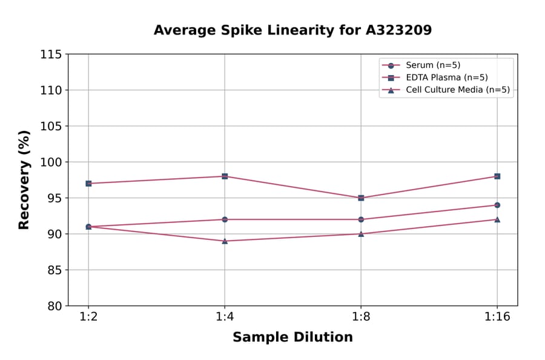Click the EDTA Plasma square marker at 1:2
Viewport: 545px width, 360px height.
(x=88, y=184)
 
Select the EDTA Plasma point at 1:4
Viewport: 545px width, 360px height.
(x=225, y=176)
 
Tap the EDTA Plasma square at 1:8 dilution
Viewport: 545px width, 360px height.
(x=361, y=198)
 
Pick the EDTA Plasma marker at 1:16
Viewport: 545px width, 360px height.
(x=497, y=176)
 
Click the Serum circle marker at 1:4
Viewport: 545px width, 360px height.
(x=225, y=219)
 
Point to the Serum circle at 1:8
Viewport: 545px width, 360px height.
(x=361, y=219)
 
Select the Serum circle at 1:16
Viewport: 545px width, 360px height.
(x=497, y=205)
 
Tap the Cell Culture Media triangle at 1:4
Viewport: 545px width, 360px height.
(x=225, y=241)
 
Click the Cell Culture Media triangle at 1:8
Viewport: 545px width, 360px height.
(x=361, y=233)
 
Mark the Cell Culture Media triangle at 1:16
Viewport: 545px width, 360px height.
(x=497, y=219)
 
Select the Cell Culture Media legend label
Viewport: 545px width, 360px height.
(x=457, y=90)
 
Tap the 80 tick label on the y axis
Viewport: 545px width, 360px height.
(x=54, y=306)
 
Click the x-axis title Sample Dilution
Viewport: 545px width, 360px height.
(x=292, y=338)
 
